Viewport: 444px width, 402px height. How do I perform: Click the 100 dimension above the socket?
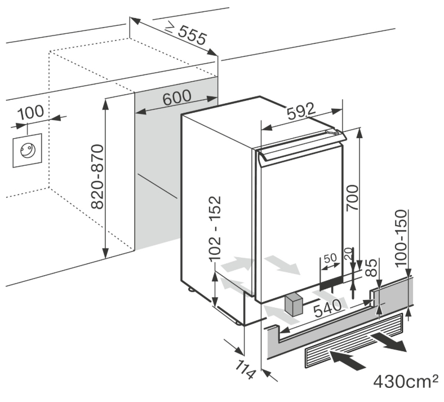(x=30, y=112)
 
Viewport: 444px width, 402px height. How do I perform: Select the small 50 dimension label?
(x=330, y=258)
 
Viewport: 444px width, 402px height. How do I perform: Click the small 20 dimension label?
(x=349, y=255)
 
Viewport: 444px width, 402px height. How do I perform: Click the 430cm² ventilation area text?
(x=405, y=381)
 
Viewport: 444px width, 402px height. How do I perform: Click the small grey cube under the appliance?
(x=294, y=306)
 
